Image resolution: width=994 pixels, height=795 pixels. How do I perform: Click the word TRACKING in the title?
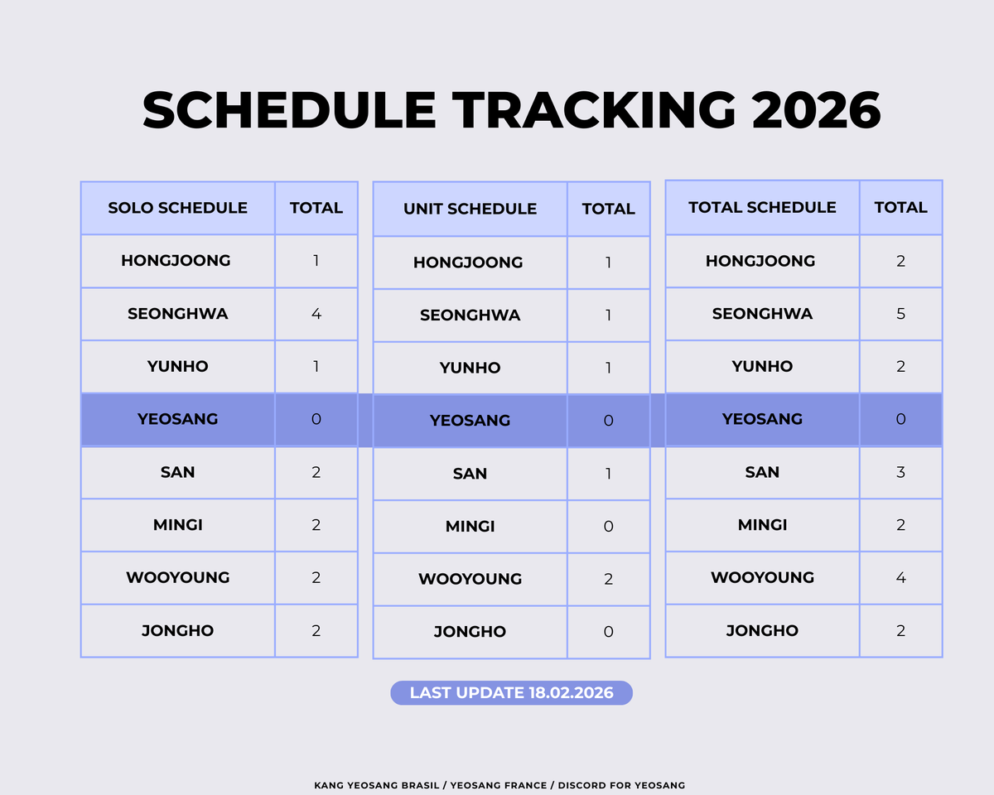(x=594, y=110)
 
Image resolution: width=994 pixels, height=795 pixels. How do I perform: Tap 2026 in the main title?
(x=816, y=110)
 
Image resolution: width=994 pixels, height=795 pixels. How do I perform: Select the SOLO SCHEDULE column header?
(x=177, y=208)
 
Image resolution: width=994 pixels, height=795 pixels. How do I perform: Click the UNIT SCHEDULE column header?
(x=470, y=210)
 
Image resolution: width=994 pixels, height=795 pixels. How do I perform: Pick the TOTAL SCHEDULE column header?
(x=762, y=207)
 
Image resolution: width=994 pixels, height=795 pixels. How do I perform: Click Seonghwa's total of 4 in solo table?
(x=316, y=314)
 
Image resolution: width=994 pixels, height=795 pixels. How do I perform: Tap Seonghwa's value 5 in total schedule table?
(x=900, y=314)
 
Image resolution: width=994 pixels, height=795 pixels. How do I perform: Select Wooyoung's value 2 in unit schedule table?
(x=609, y=579)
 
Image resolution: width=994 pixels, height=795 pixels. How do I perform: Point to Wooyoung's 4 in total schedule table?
(x=900, y=577)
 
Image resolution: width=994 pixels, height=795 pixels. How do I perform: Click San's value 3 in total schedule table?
(x=900, y=472)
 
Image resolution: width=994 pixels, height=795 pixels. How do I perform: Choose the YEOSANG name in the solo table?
(x=177, y=419)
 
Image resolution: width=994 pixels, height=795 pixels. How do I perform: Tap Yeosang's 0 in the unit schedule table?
(x=609, y=421)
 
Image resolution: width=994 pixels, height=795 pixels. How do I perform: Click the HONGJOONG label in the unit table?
(x=468, y=263)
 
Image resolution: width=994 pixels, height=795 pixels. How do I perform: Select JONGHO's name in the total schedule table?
(x=762, y=630)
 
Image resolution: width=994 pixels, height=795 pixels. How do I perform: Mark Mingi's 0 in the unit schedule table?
(x=609, y=526)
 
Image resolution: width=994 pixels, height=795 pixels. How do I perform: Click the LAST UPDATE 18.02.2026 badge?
(x=511, y=693)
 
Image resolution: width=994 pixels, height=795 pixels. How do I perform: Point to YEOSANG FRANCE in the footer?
(x=503, y=785)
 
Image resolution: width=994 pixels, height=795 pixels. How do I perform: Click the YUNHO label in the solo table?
(x=177, y=366)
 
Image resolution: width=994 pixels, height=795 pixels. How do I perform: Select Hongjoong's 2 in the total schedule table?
(x=900, y=261)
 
